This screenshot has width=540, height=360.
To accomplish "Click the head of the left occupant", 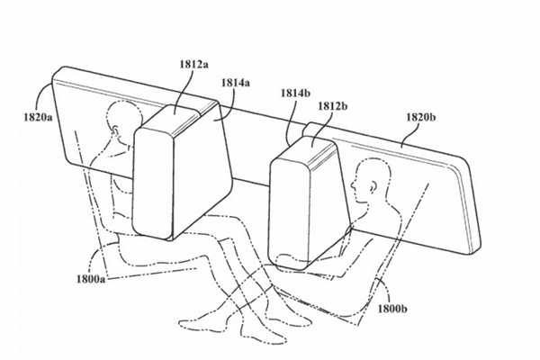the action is pos(118,118).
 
